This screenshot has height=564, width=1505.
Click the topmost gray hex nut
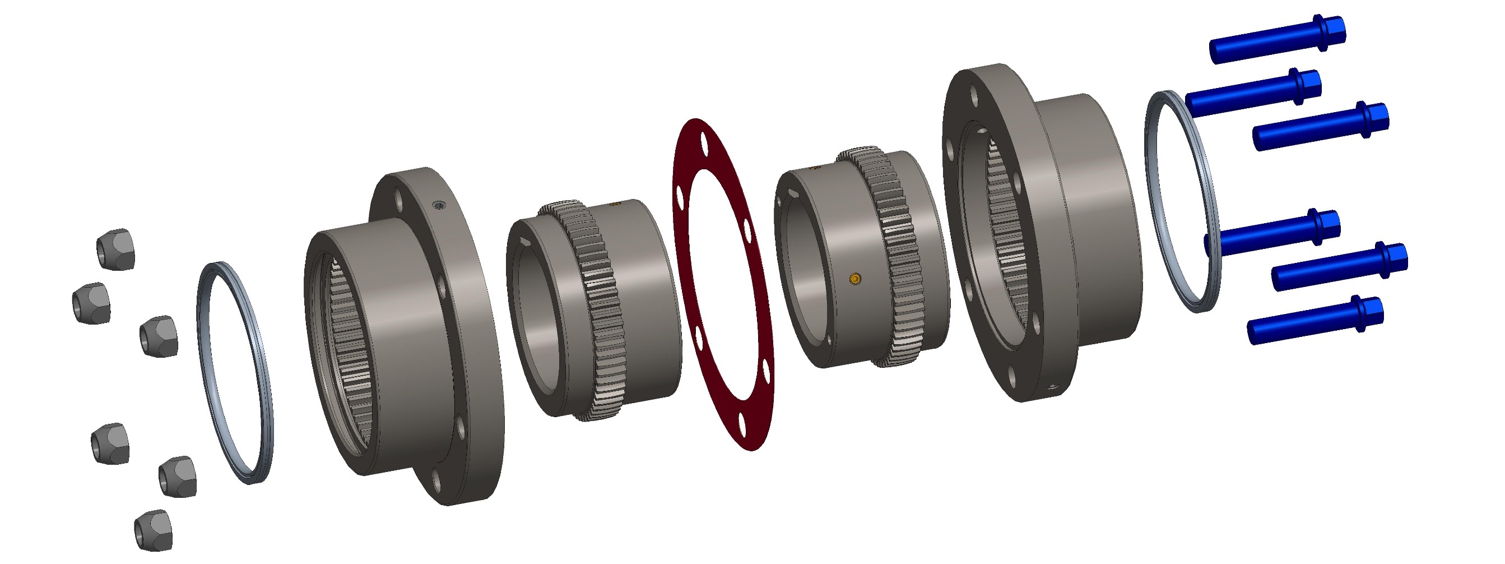[x=115, y=249]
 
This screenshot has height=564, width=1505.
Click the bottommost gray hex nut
[x=154, y=530]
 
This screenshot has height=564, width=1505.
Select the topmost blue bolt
[x=1276, y=39]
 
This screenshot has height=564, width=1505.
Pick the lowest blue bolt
[x=1314, y=320]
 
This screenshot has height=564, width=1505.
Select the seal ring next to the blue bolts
[x=1182, y=202]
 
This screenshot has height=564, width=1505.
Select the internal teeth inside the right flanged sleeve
[x=1005, y=234]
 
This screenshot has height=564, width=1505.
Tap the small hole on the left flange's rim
[x=439, y=204]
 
